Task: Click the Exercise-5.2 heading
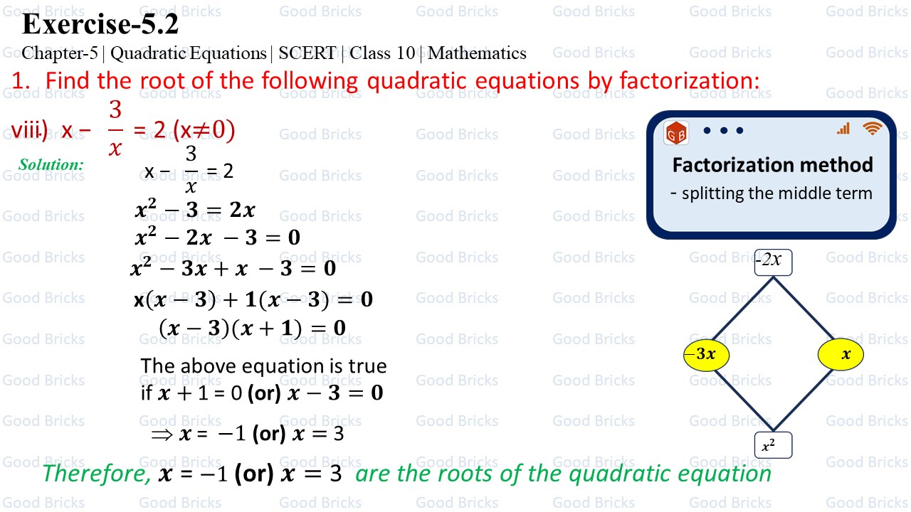coord(100,24)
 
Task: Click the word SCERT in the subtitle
coord(307,53)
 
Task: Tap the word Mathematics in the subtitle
coord(477,53)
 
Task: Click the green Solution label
coord(51,165)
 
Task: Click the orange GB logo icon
coord(676,133)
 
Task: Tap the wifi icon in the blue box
coord(872,129)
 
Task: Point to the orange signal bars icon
coord(843,129)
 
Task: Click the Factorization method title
coord(772,165)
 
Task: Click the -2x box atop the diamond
coord(773,261)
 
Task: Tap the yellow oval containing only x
coord(841,354)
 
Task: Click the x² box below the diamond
coord(773,446)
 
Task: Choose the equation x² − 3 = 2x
coord(194,210)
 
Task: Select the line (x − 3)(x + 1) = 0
coord(252,328)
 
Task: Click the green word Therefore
coord(96,474)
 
